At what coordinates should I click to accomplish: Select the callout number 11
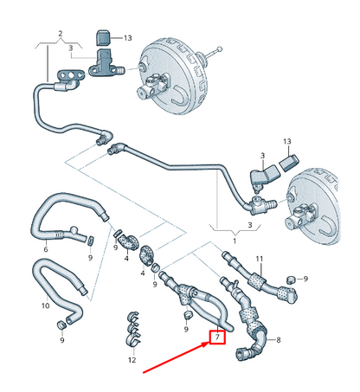coord(259,259)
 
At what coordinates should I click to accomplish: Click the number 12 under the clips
coord(132,358)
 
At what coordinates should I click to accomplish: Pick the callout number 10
coord(46,305)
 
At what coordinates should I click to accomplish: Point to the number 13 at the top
coord(127,38)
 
